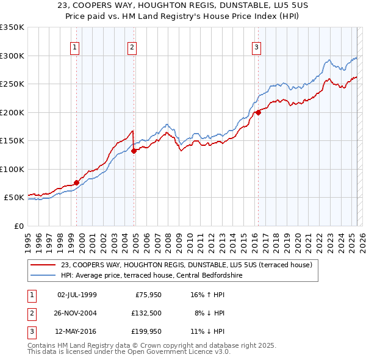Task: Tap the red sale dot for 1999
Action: click(x=76, y=182)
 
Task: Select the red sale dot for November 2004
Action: click(x=135, y=151)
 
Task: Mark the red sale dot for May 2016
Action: click(x=258, y=112)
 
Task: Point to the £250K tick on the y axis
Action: click(x=12, y=84)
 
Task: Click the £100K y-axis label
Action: click(x=12, y=169)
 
